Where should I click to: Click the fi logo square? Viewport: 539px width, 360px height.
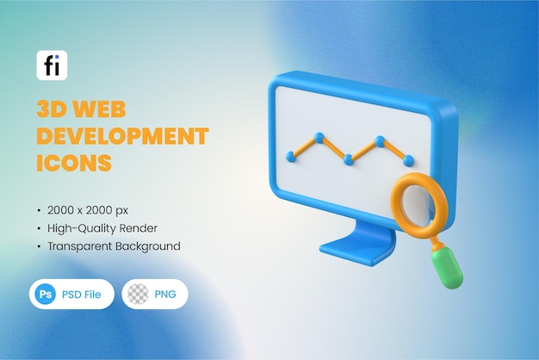[52, 65]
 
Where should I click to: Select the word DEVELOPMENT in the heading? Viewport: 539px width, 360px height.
[122, 135]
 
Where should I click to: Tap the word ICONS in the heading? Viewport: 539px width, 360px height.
[74, 162]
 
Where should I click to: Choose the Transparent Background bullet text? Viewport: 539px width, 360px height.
[115, 246]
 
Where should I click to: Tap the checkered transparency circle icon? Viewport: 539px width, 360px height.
[138, 294]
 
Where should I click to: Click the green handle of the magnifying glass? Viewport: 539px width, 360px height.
[447, 268]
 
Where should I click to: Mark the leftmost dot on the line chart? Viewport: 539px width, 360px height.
[291, 157]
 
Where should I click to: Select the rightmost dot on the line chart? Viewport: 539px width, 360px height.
[408, 160]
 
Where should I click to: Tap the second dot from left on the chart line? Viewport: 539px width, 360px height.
[319, 136]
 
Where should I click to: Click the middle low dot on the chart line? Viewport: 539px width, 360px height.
[349, 159]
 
